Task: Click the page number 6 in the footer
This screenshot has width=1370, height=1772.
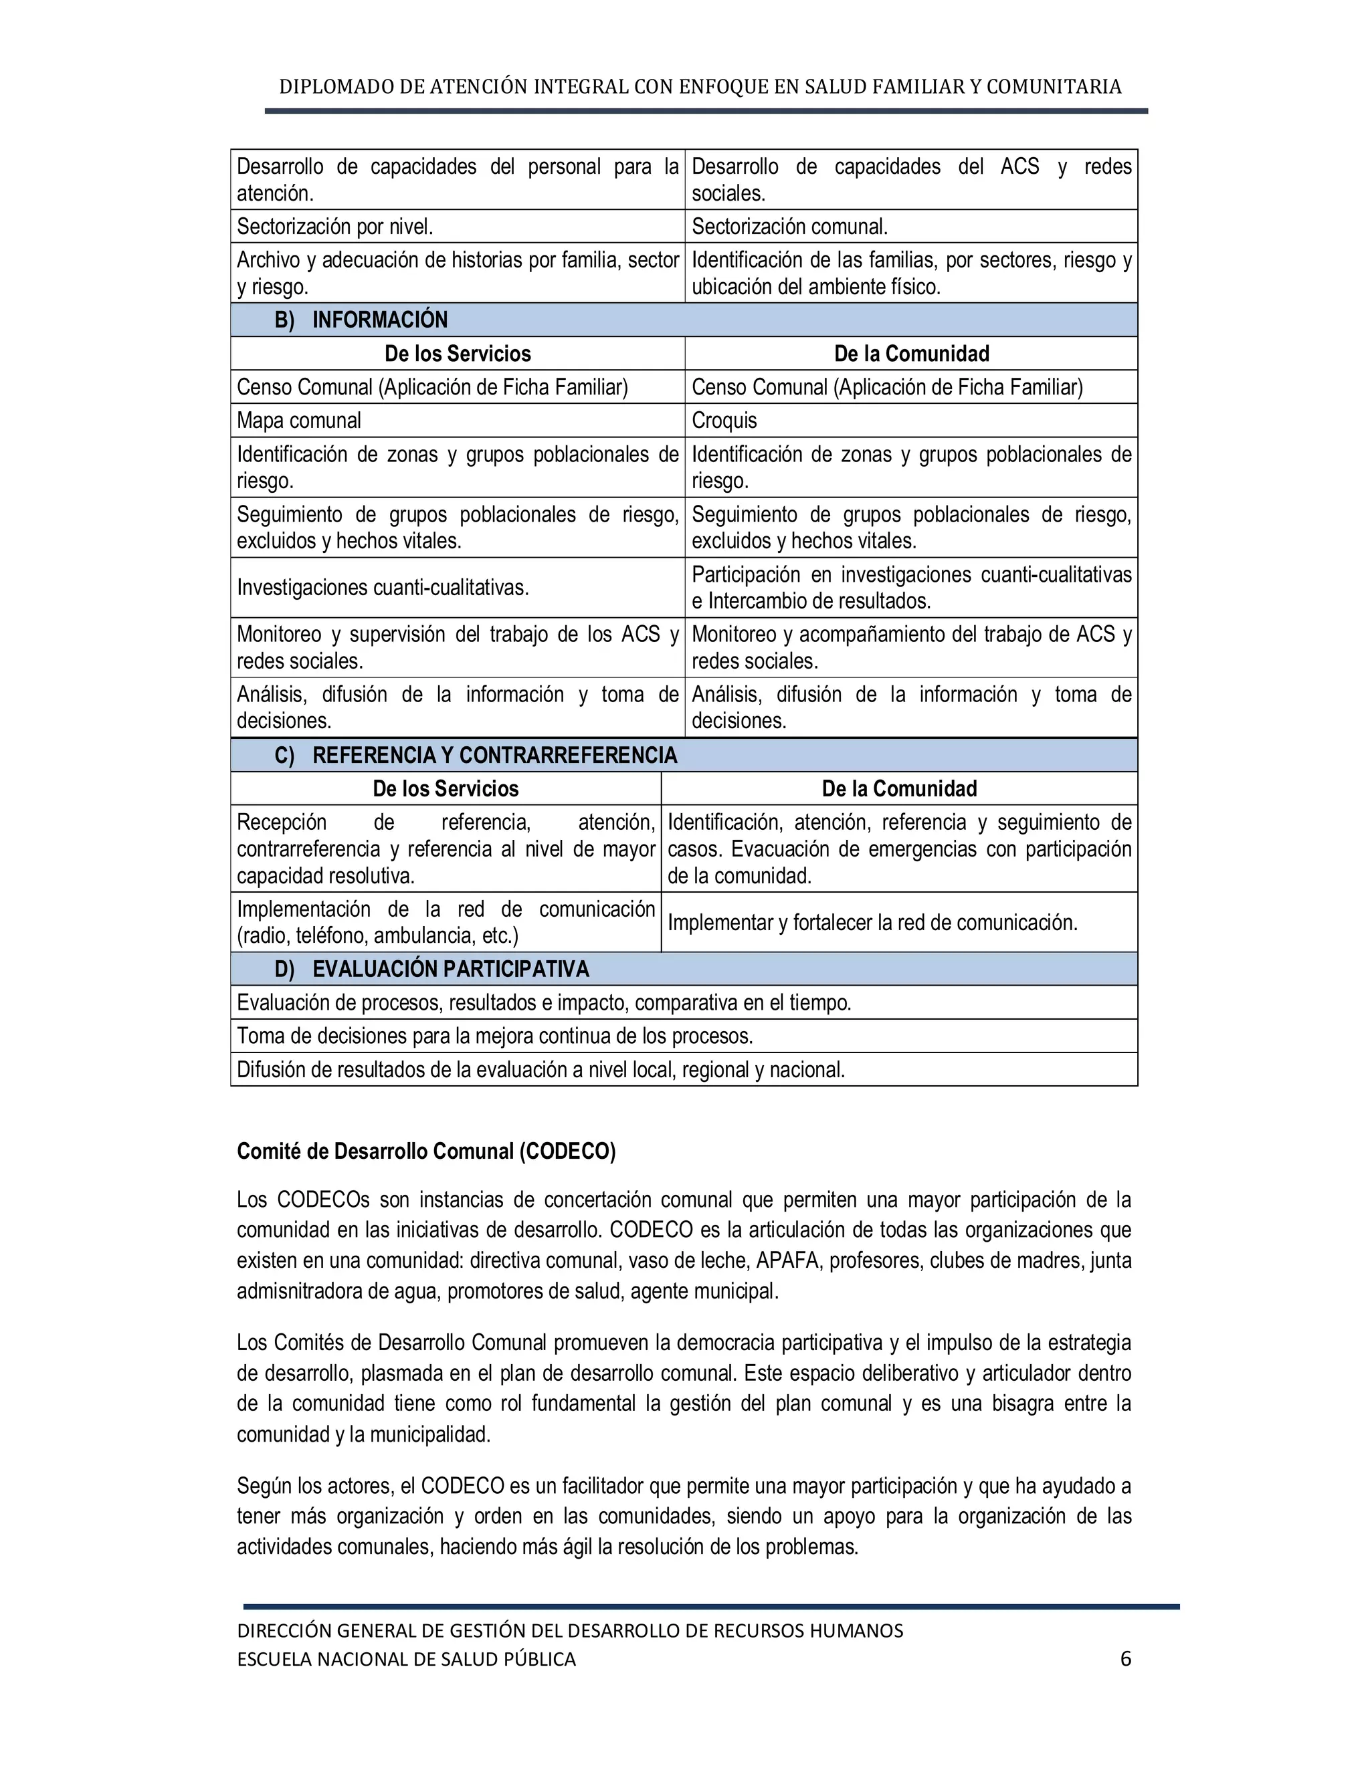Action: pos(1125,1658)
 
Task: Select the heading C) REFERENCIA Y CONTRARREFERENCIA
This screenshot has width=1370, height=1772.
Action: pos(476,756)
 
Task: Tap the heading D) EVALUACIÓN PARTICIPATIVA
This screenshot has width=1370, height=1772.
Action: pos(431,969)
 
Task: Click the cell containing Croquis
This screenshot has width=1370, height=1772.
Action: pos(724,421)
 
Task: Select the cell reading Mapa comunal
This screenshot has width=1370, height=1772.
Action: pos(298,421)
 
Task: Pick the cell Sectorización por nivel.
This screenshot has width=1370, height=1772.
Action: pos(334,227)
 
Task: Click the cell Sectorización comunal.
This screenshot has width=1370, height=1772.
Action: pos(790,227)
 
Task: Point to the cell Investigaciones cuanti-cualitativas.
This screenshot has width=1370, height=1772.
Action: pos(382,587)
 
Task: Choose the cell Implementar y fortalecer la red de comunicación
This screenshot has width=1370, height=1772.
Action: pos(872,923)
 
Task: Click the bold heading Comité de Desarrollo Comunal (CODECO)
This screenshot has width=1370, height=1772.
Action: pos(426,1151)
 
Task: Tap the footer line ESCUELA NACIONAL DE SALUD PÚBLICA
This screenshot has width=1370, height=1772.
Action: pos(406,1659)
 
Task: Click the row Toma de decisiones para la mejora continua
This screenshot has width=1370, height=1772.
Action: pos(494,1036)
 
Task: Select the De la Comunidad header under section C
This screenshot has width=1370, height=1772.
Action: pos(899,788)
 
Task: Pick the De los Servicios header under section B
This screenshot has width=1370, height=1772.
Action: pos(458,354)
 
